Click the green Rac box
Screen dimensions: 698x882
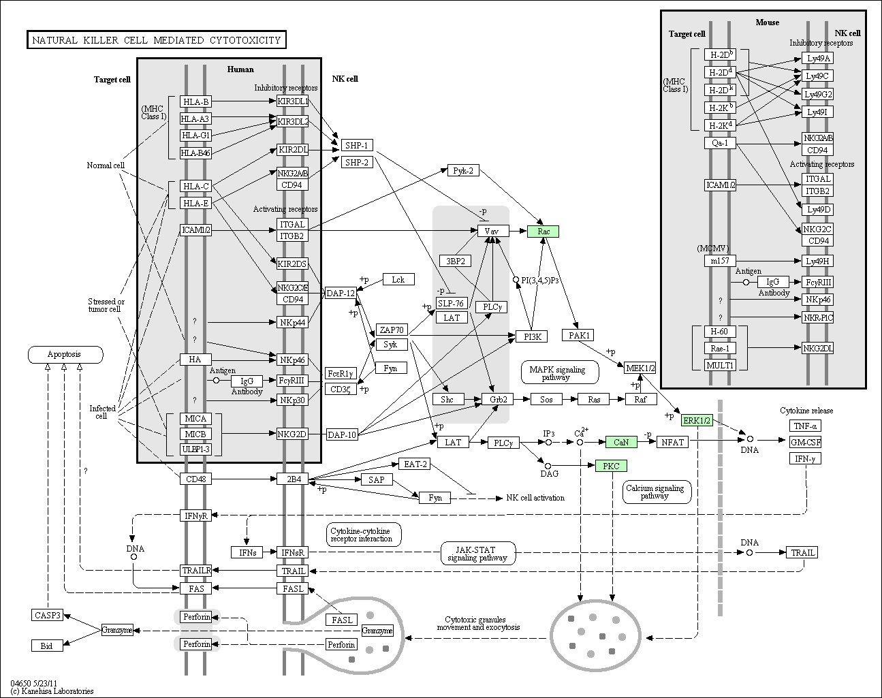click(x=543, y=232)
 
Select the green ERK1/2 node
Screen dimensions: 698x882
click(x=697, y=420)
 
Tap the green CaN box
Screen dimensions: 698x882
click(x=621, y=442)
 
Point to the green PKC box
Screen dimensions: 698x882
click(x=611, y=466)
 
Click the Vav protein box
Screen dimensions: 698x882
click(x=492, y=232)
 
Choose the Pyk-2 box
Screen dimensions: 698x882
click(x=463, y=170)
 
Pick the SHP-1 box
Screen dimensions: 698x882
click(x=356, y=145)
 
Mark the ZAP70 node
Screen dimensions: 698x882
click(x=392, y=330)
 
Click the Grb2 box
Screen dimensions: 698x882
click(x=497, y=399)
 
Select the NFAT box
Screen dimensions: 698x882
click(x=672, y=442)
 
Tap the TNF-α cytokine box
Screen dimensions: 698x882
click(x=804, y=426)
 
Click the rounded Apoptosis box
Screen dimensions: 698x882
click(x=65, y=354)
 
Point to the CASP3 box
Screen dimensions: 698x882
click(x=47, y=615)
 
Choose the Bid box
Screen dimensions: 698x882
click(x=46, y=646)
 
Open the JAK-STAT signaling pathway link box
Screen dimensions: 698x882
click(x=477, y=553)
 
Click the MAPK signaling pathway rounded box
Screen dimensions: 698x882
click(x=560, y=372)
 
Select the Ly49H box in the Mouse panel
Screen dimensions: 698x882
click(x=817, y=261)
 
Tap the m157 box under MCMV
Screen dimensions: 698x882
click(x=720, y=261)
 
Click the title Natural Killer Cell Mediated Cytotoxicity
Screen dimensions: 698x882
click(x=157, y=40)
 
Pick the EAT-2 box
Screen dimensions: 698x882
click(x=415, y=464)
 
